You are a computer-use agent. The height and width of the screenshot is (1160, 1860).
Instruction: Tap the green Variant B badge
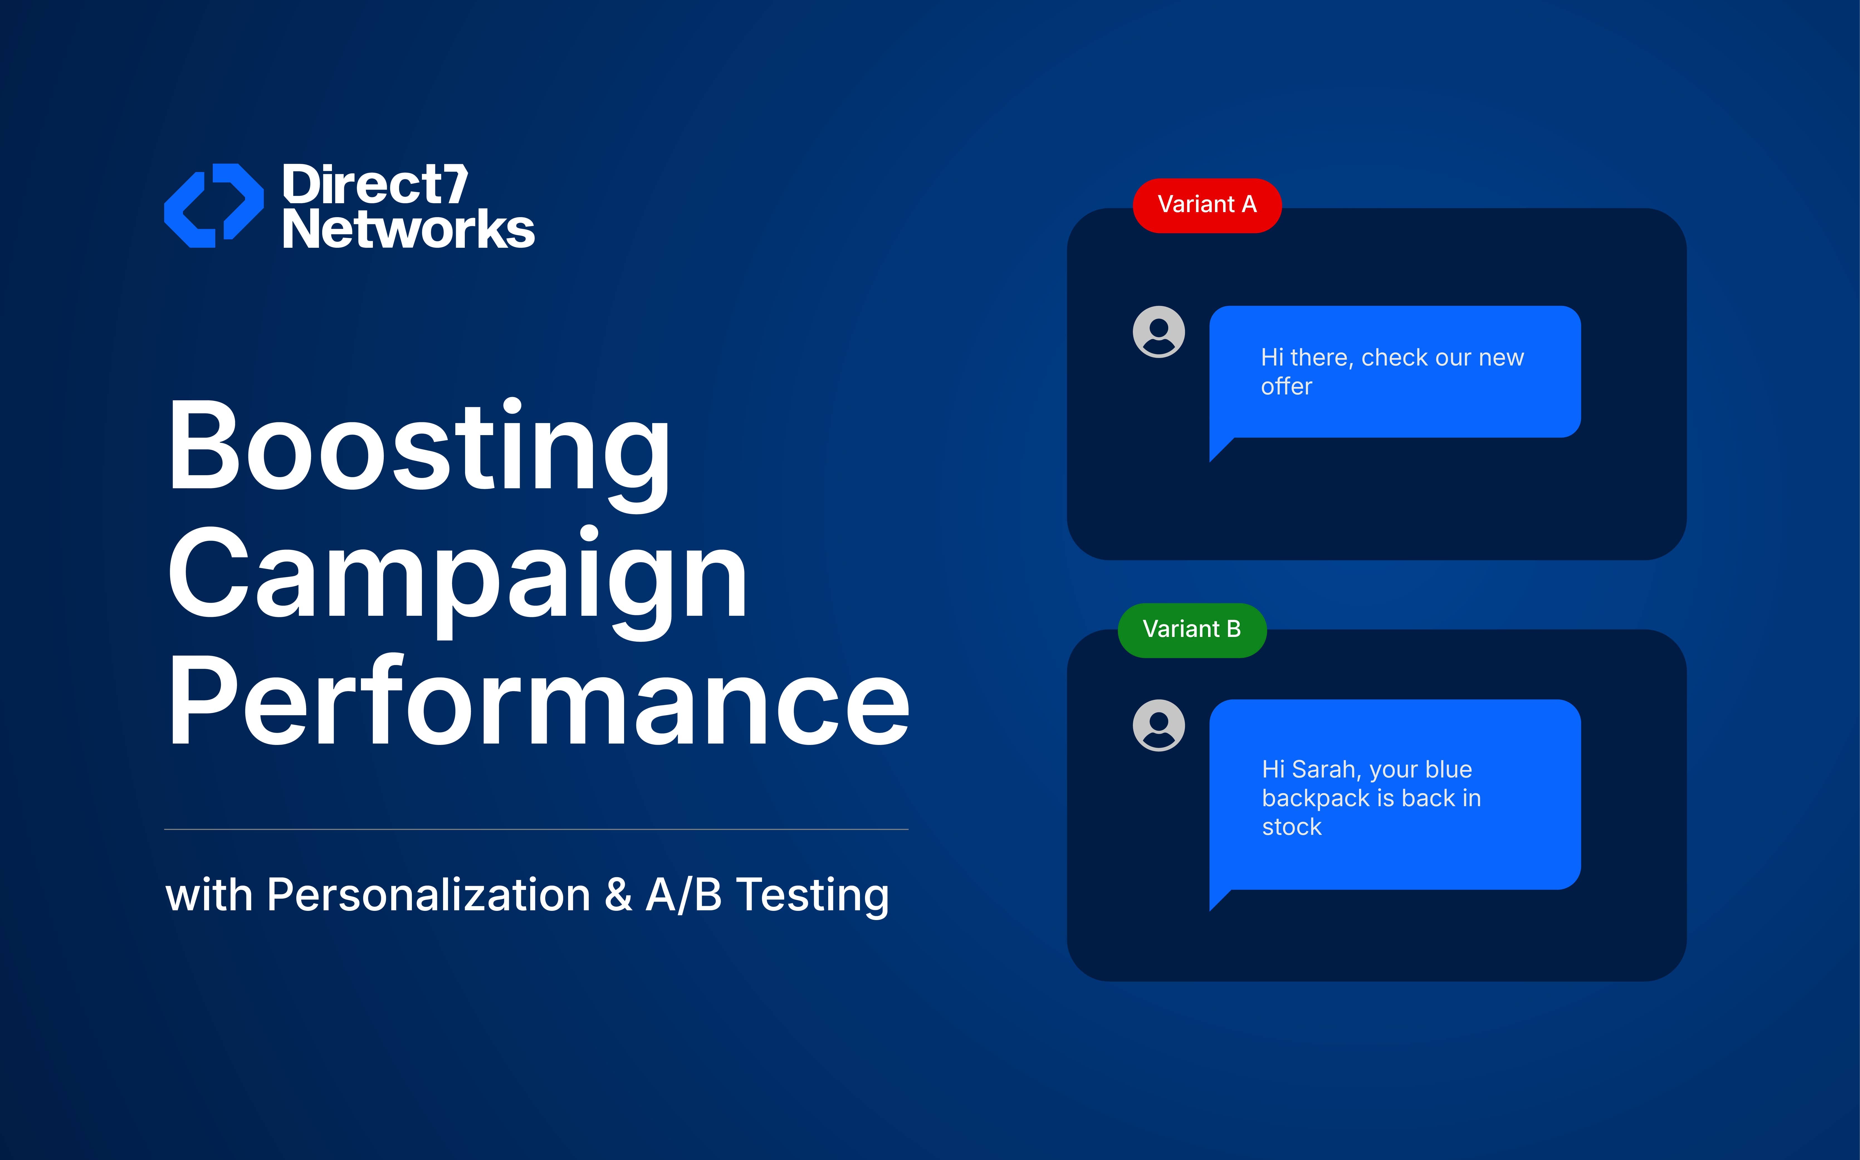tap(1192, 630)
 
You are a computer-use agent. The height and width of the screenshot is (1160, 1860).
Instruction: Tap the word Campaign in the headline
tap(457, 580)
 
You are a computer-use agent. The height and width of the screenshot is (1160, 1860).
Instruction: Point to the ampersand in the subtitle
tap(618, 894)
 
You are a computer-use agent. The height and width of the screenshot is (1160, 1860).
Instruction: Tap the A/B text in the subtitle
tap(684, 894)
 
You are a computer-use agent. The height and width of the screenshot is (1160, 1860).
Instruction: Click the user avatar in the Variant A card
tap(1159, 332)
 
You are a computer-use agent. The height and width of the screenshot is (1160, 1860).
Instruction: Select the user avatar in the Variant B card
tap(1159, 725)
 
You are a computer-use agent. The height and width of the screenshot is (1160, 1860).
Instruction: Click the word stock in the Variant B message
tap(1292, 827)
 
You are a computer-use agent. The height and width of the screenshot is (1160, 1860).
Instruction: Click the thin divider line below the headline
tap(536, 829)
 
